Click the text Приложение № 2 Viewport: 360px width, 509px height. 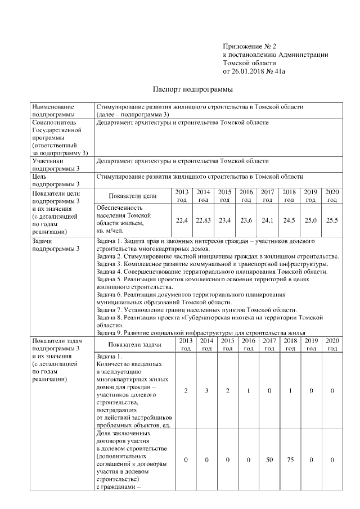[250, 46]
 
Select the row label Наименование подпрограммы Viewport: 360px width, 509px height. [57, 110]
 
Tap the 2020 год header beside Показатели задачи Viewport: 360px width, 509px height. [332, 344]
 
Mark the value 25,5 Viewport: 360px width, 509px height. [332, 220]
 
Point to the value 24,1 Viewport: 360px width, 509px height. [268, 220]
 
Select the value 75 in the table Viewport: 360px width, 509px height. [290, 460]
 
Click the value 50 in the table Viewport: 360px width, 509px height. [269, 460]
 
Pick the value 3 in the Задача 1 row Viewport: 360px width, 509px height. [206, 390]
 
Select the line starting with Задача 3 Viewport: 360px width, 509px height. [213, 264]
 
